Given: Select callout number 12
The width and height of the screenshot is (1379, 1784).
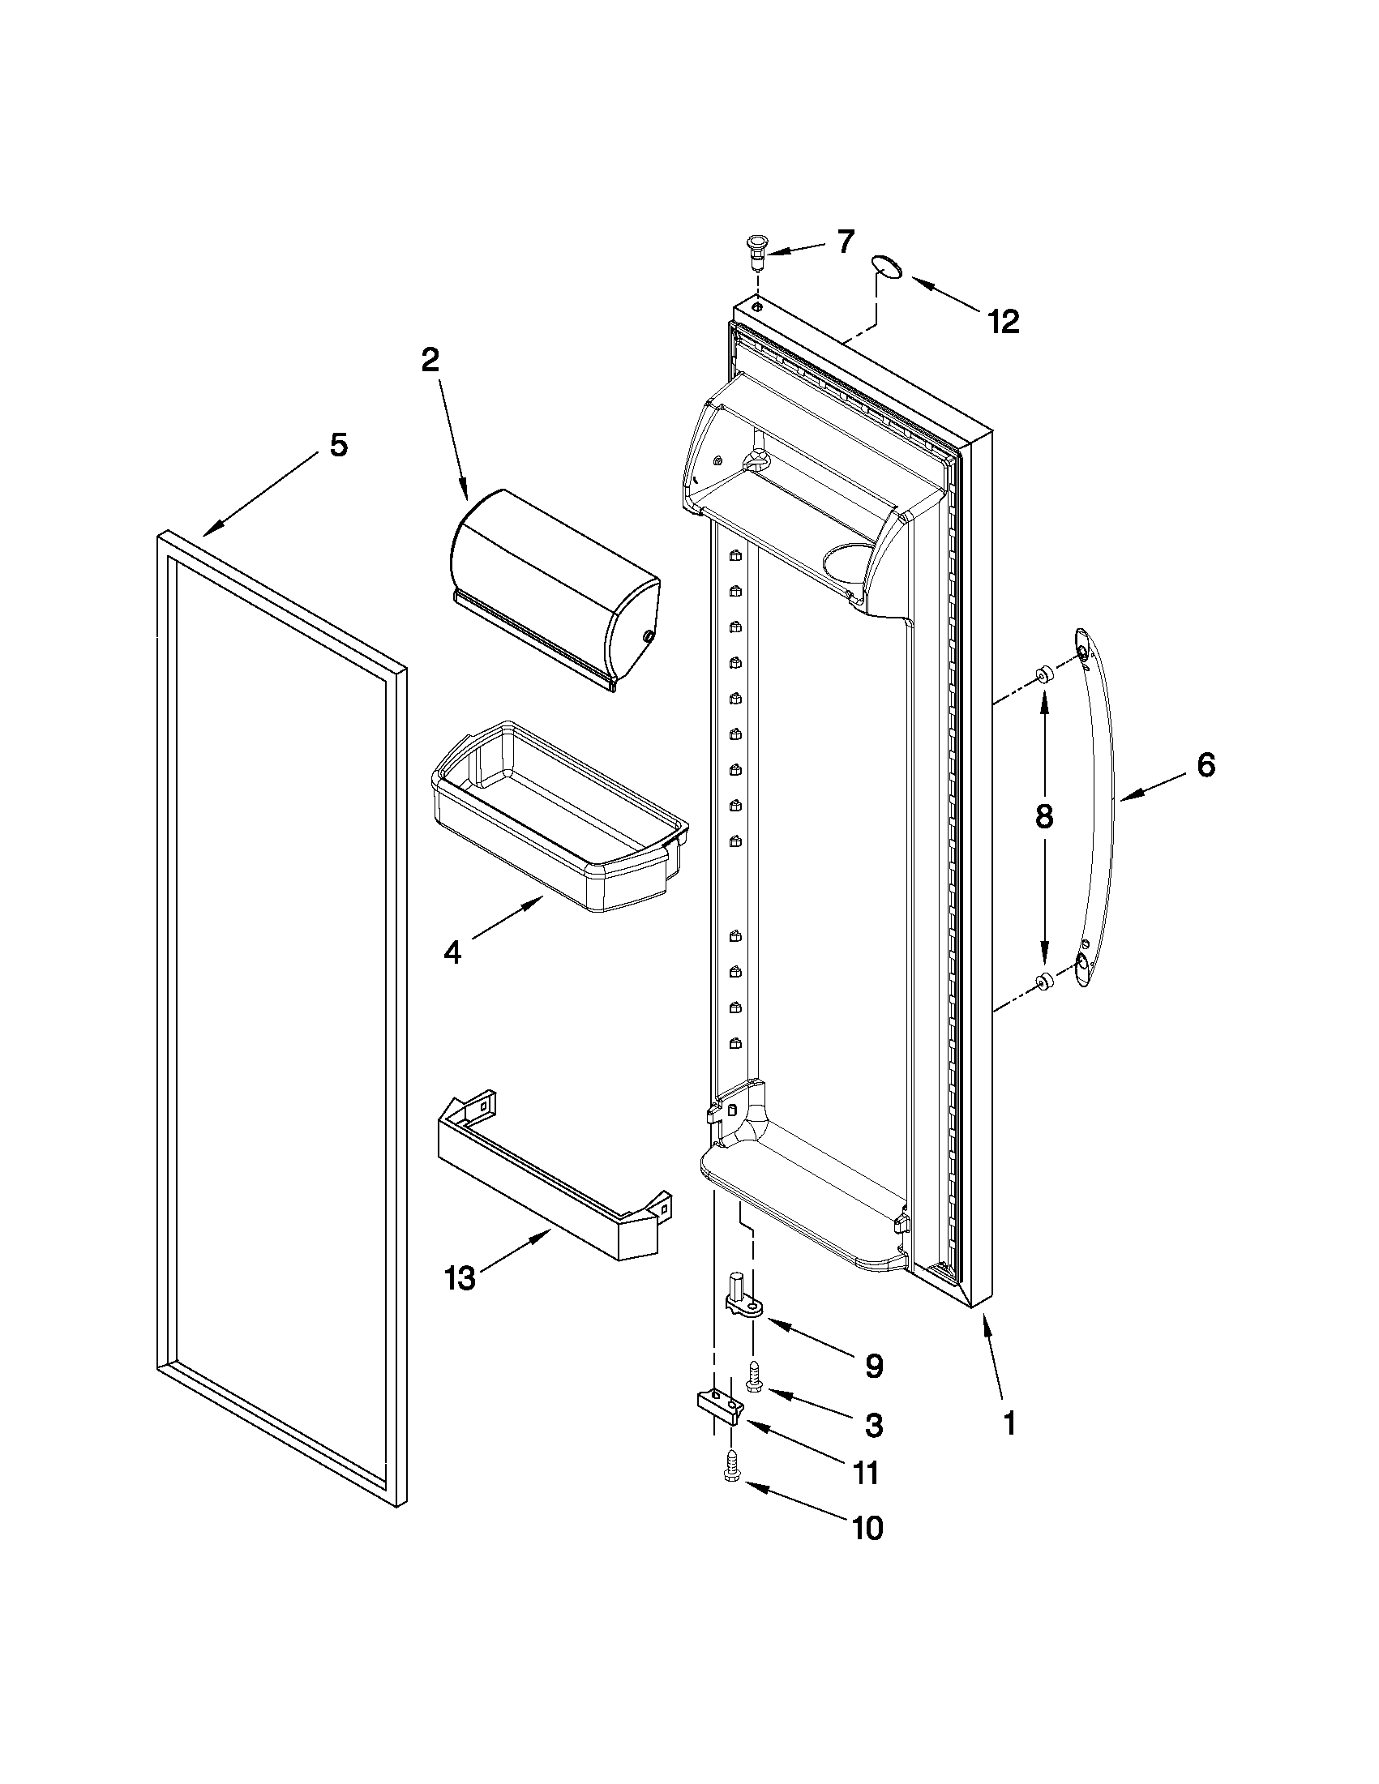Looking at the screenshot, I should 1003,322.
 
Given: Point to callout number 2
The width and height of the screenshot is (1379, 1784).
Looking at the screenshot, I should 430,360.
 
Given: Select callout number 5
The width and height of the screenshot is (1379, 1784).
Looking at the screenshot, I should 338,445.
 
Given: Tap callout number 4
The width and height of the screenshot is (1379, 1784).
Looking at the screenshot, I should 452,952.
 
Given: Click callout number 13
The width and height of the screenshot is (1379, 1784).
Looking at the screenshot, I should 460,1278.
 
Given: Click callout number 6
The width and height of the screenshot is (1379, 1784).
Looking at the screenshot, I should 1206,765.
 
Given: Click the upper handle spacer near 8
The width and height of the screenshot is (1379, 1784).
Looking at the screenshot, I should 1043,674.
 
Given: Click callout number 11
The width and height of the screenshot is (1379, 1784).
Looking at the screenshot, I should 865,1473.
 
